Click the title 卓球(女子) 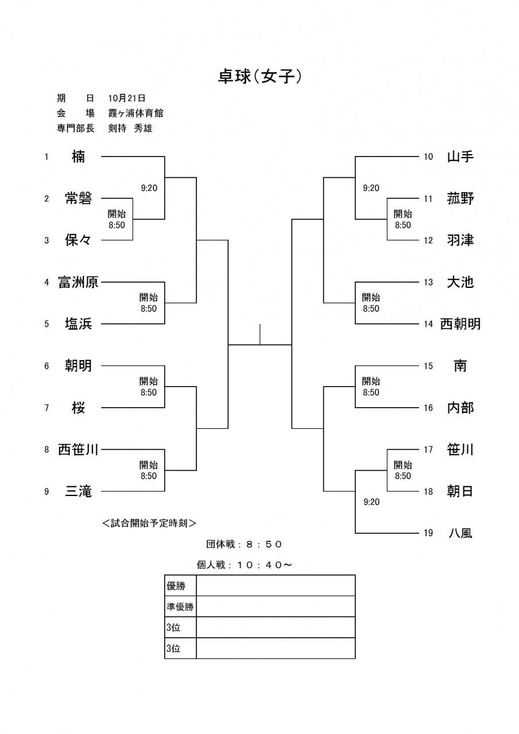pos(259,77)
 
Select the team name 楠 pos(78,157)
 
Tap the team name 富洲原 pos(78,282)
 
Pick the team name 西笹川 pos(78,450)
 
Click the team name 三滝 pos(78,491)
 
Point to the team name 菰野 pos(460,198)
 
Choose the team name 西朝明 pos(460,324)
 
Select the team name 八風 pos(460,533)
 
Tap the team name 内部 pos(460,408)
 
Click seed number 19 pos(428,533)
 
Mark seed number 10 pos(428,157)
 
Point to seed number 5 pos(47,324)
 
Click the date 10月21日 pos(127,98)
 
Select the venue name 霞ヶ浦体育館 pos(136,113)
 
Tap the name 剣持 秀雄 pos(130,128)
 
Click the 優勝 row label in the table pos(176,585)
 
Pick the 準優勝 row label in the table pos(180,607)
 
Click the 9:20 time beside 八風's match pos(371,502)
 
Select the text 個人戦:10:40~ pos(244,565)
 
